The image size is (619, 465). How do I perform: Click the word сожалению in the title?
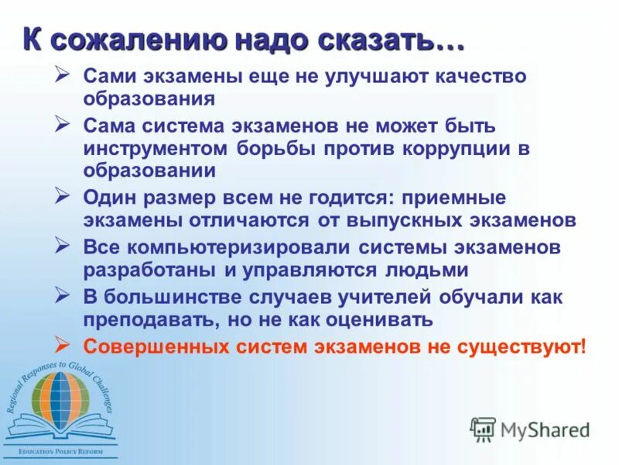tap(131, 38)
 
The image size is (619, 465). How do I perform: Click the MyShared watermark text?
tap(545, 429)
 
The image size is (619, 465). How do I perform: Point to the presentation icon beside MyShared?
tap(483, 428)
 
